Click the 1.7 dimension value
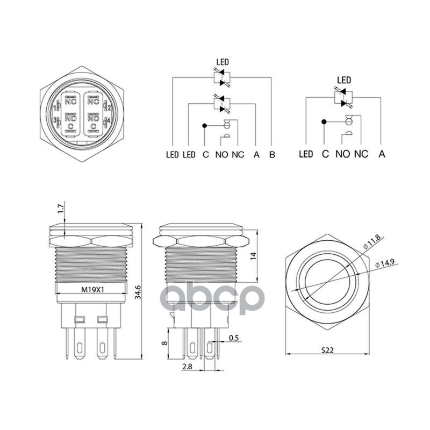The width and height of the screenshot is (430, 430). pyautogui.click(x=60, y=209)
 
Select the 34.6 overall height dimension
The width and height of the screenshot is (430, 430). pyautogui.click(x=138, y=292)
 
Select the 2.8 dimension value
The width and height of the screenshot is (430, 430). pyautogui.click(x=187, y=367)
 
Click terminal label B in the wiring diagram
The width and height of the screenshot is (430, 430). pyautogui.click(x=273, y=155)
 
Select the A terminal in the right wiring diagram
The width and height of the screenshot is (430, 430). pyautogui.click(x=382, y=154)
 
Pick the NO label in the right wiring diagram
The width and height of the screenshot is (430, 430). pyautogui.click(x=342, y=154)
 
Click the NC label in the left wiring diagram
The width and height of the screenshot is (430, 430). pyautogui.click(x=238, y=155)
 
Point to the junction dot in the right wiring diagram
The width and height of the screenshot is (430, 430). pyautogui.click(x=324, y=122)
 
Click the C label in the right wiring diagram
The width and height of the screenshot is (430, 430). pyautogui.click(x=325, y=154)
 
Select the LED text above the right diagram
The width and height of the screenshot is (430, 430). pyautogui.click(x=343, y=81)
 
